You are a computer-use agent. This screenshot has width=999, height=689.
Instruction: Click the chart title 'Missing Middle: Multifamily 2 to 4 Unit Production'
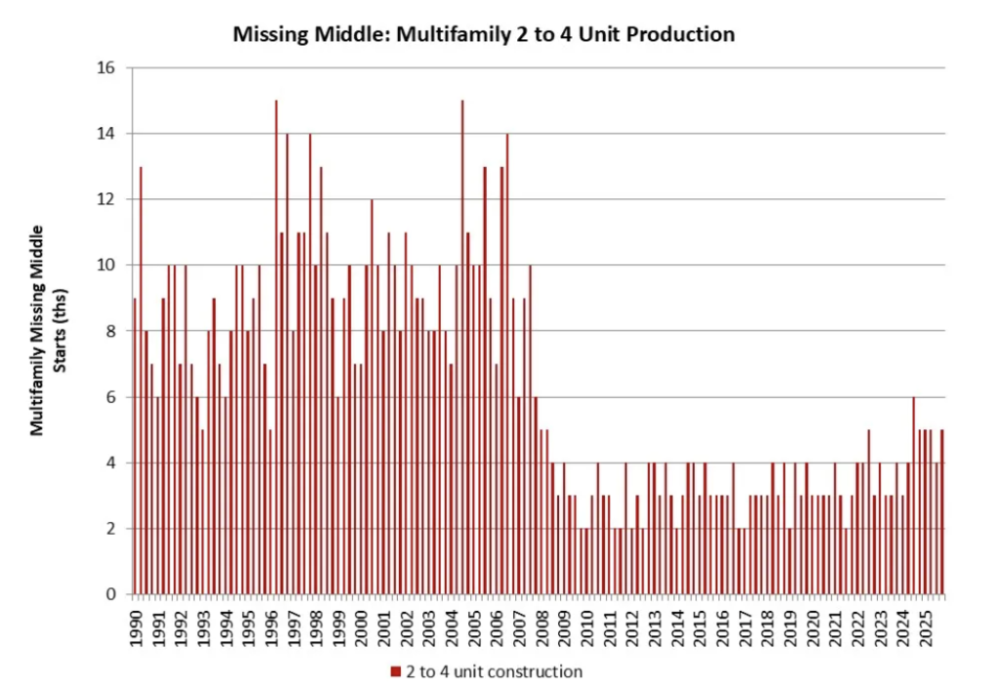(483, 34)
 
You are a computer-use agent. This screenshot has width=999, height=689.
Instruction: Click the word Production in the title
(686, 34)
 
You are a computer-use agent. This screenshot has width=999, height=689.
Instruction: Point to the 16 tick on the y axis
(106, 67)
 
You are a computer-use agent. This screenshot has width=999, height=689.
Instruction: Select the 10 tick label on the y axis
(106, 264)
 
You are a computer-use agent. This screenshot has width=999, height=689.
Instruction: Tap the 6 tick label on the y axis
(110, 397)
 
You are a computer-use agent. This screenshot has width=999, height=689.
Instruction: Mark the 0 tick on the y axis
(110, 594)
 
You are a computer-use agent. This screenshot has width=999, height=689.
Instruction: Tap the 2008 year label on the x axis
(541, 624)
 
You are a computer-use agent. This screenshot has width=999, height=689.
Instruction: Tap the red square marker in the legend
(395, 671)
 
